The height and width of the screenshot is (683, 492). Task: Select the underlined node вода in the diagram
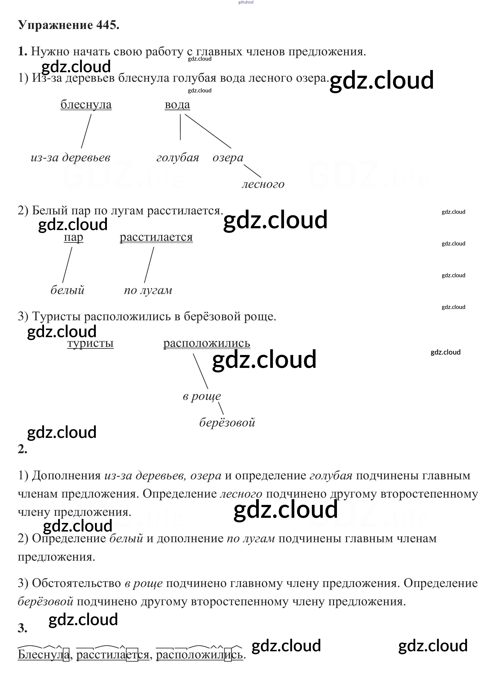[177, 105]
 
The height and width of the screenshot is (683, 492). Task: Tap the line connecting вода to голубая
[180, 127]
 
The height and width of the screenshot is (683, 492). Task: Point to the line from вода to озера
[208, 131]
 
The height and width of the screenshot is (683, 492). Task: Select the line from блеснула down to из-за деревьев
[86, 131]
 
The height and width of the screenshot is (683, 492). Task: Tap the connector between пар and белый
[67, 265]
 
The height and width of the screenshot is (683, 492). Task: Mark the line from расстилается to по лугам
[149, 265]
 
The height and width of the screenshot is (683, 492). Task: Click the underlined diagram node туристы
[90, 343]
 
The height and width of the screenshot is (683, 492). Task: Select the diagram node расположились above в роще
[207, 343]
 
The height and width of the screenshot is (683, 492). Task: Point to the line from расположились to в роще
[200, 371]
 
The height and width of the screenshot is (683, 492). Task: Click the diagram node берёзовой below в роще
[227, 422]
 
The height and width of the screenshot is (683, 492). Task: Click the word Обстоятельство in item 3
[77, 583]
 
